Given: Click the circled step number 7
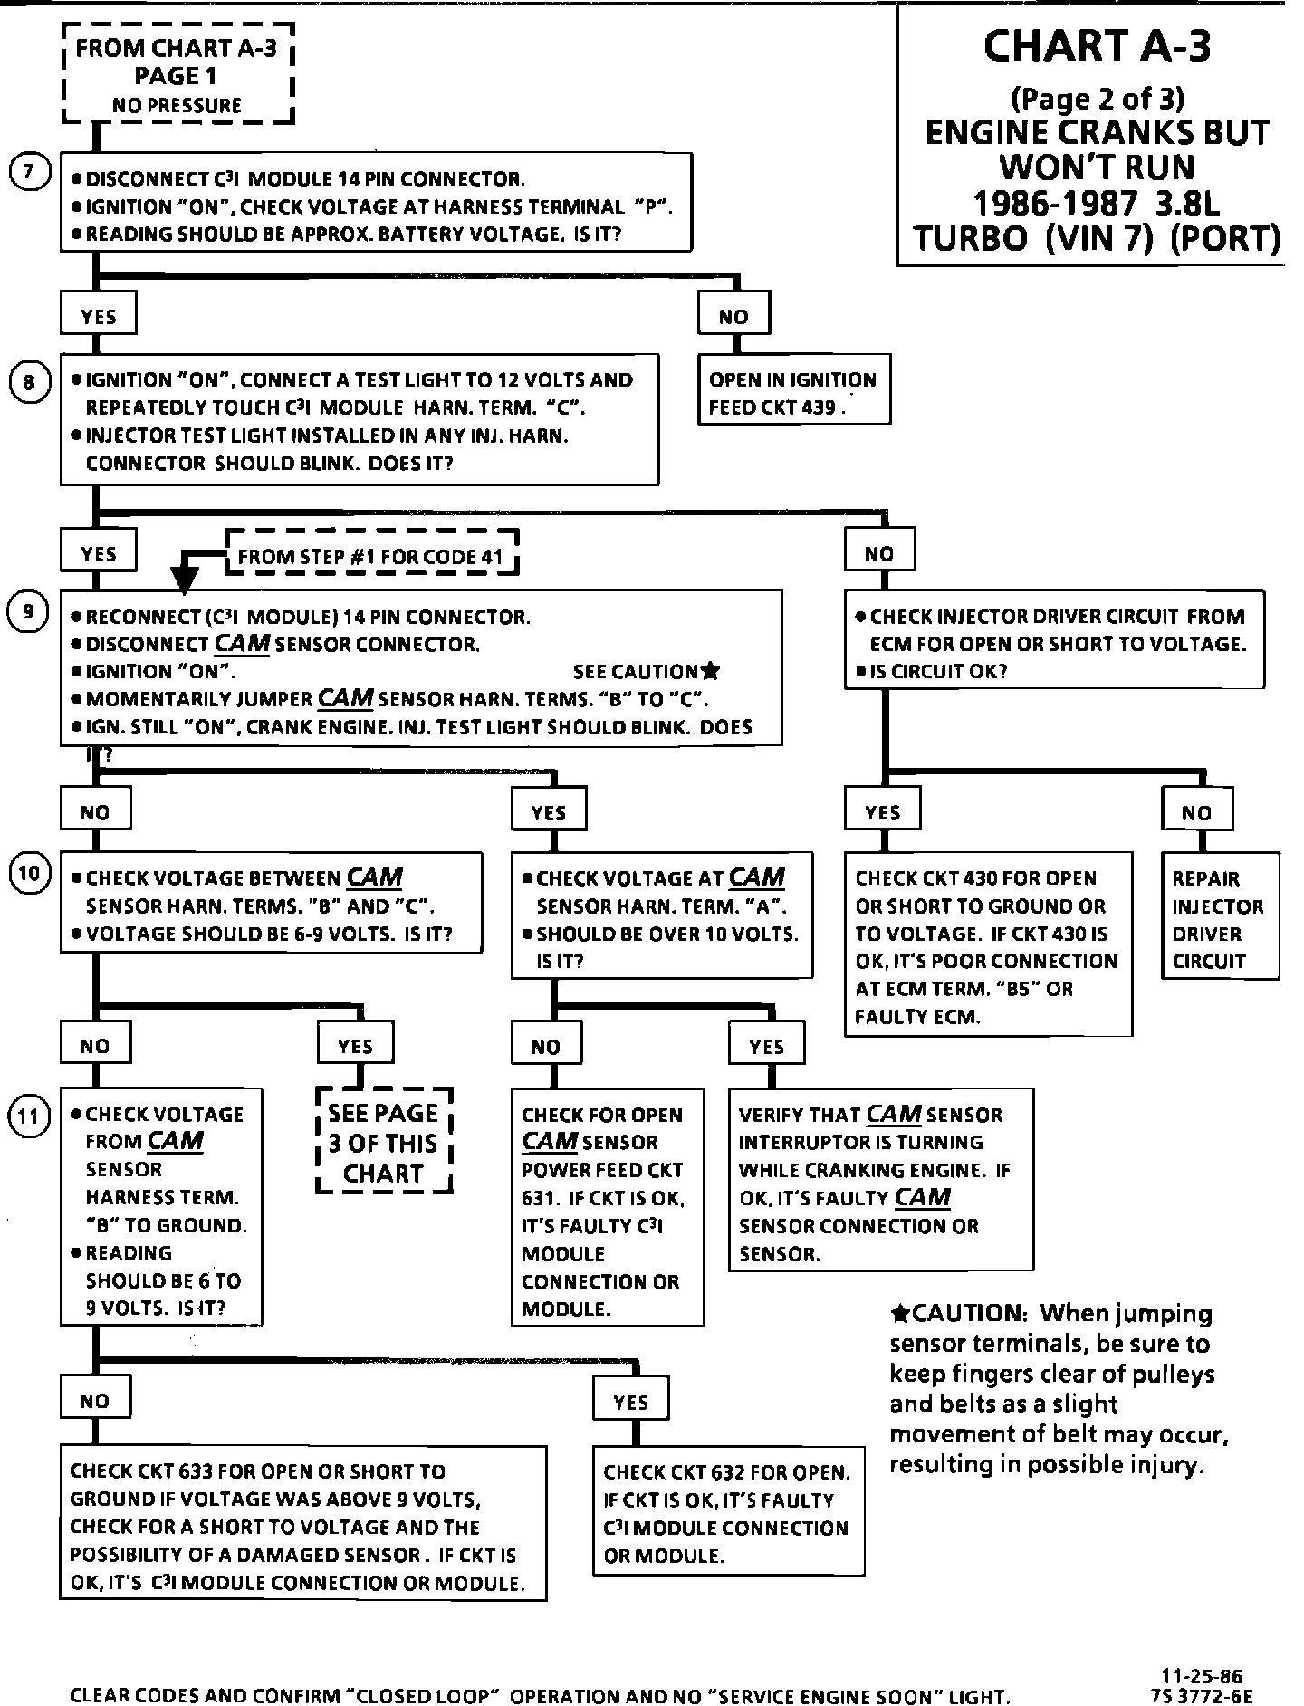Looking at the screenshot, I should tap(28, 172).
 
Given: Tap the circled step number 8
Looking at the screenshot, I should tap(28, 383).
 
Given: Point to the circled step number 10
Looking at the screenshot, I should tap(28, 874).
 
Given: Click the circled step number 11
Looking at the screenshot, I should tap(28, 1116).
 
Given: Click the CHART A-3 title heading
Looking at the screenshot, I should tap(1096, 45).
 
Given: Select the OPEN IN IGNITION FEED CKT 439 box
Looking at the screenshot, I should tap(793, 389).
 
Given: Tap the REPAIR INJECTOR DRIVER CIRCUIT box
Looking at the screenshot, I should tap(1219, 915).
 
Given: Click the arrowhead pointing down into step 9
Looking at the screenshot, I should tap(185, 581).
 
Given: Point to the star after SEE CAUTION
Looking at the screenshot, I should tap(711, 671).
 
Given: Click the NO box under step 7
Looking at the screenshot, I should tap(734, 315).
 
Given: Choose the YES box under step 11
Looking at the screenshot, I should tap(631, 1402).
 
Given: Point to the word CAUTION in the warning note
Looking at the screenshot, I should tap(967, 1313).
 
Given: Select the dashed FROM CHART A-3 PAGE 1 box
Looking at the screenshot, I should tap(177, 76).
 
